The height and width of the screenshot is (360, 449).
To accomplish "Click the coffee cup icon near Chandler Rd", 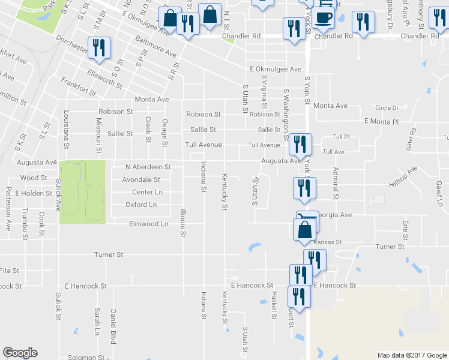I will tap(324, 17).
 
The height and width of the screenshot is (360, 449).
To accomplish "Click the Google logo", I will tap(20, 353).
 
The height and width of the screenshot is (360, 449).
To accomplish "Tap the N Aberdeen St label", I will tap(148, 167).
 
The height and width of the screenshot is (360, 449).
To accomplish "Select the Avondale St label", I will tap(141, 179).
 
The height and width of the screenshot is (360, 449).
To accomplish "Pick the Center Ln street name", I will tap(147, 192).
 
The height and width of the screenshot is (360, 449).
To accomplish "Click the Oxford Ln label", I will tap(141, 205).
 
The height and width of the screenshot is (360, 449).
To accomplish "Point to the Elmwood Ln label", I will tap(149, 224).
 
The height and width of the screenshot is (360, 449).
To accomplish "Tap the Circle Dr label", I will tap(387, 108).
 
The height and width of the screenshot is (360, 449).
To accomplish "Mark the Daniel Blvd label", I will tap(112, 326).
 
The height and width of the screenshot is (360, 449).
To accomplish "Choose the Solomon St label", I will tap(86, 358).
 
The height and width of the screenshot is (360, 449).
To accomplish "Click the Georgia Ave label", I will tap(334, 214).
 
